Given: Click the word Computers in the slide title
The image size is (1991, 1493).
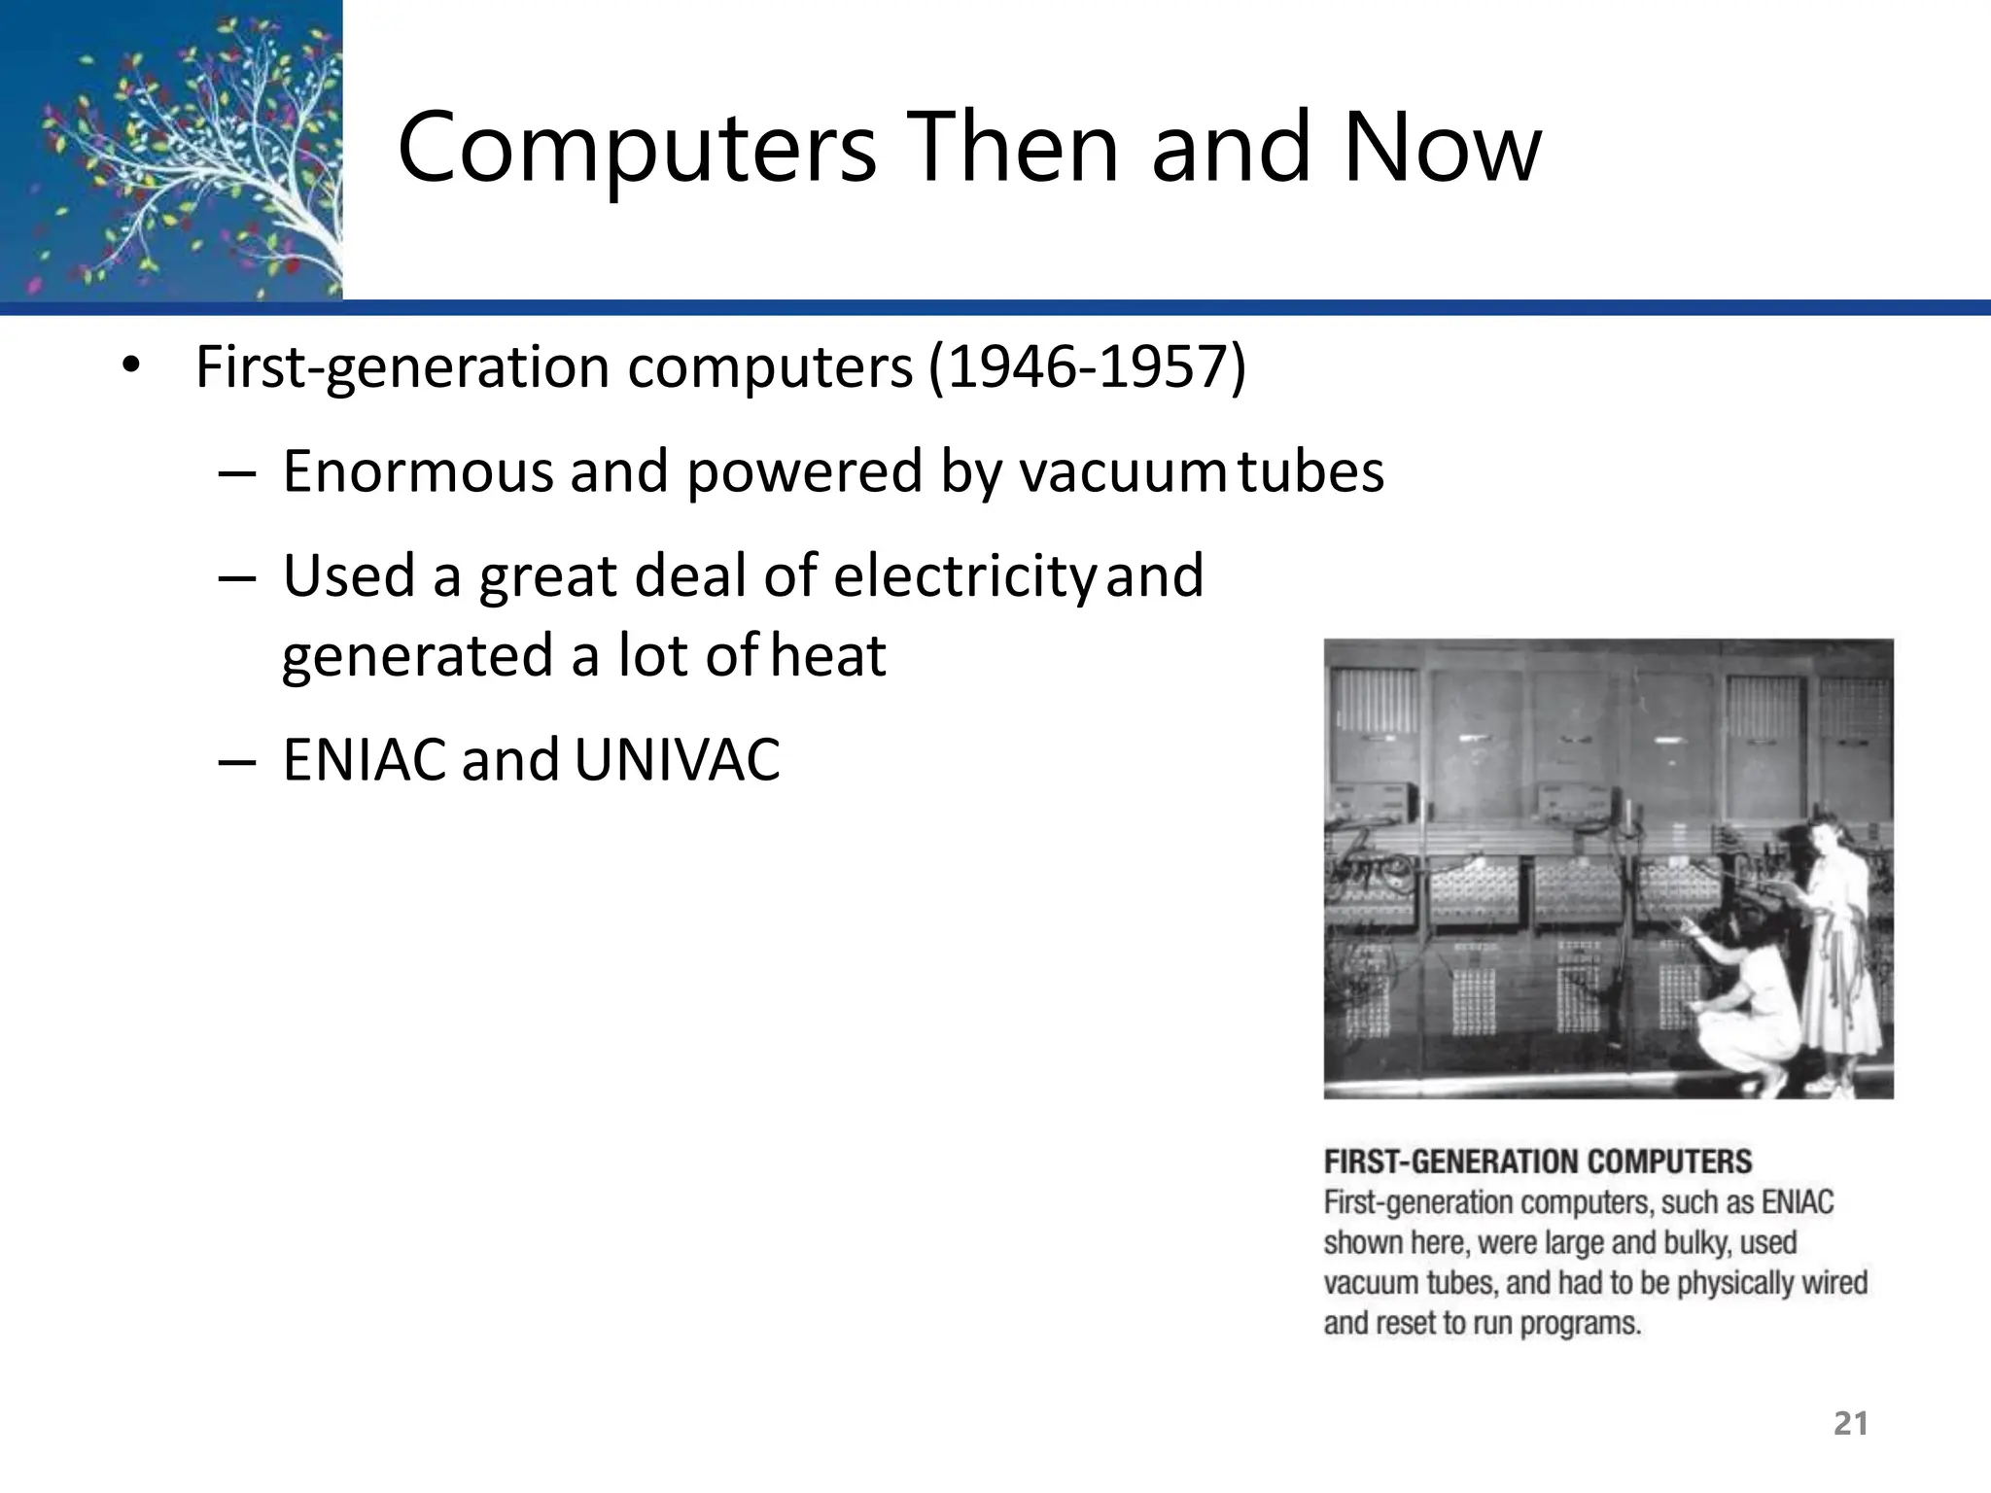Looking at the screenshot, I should click(637, 149).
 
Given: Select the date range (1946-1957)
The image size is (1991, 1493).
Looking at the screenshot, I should click(1086, 367).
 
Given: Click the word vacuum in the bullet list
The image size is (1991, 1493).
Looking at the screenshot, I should click(1122, 472).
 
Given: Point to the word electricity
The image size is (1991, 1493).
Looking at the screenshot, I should click(964, 575).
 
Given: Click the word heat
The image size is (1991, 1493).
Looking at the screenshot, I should click(828, 655).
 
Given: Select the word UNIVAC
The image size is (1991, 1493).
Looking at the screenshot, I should click(677, 760).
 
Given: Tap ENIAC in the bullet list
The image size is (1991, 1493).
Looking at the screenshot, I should click(366, 760).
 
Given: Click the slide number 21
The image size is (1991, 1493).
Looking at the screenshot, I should click(1850, 1423).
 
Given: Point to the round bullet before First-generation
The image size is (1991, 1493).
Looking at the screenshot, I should click(131, 367).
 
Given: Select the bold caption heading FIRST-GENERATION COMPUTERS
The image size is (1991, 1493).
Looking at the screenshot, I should click(1537, 1162).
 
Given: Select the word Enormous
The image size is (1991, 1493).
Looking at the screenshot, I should click(418, 472).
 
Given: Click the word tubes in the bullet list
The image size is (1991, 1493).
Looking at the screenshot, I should click(1310, 472).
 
